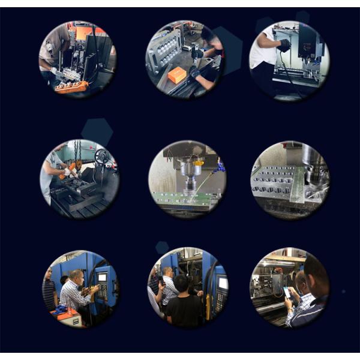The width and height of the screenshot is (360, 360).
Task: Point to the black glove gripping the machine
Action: tap(284, 44)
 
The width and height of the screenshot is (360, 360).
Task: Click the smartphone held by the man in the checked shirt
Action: tap(286, 293)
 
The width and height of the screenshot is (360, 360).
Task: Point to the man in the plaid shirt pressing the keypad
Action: tap(75, 292)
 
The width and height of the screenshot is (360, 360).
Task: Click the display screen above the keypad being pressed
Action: tap(102, 277)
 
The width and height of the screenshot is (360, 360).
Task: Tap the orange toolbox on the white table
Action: tap(65, 313)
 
